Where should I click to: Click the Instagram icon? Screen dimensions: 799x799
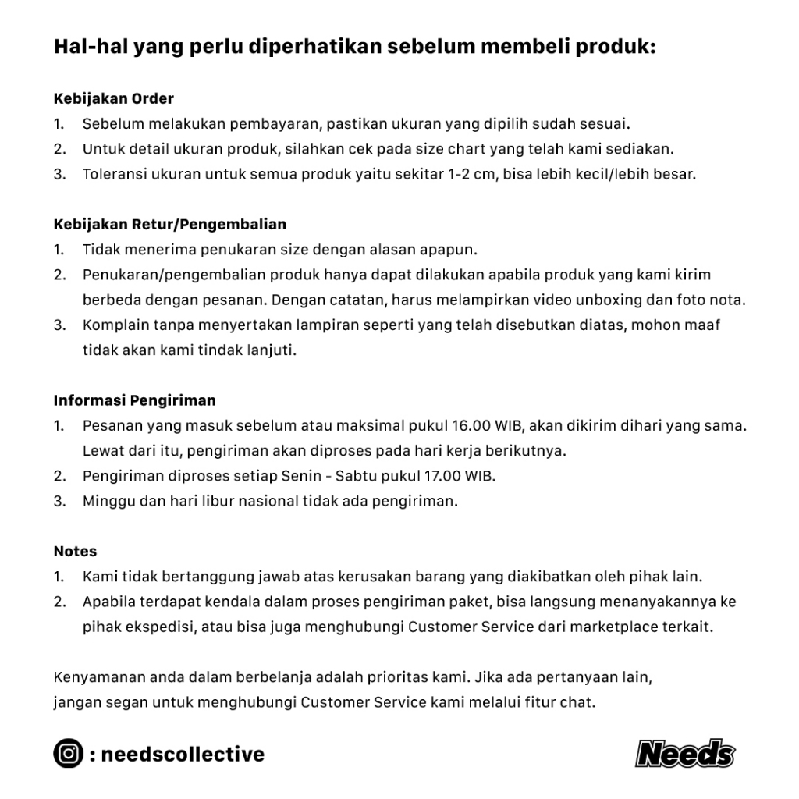69,754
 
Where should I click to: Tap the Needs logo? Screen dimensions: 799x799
685,754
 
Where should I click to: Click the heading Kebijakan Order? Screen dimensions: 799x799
114,99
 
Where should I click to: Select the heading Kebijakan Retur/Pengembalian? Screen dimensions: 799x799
170,225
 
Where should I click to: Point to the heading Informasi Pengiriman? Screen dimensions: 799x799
135,400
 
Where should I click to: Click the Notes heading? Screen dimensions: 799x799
76,552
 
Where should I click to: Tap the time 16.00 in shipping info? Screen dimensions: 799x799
471,426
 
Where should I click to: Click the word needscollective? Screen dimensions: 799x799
183,755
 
